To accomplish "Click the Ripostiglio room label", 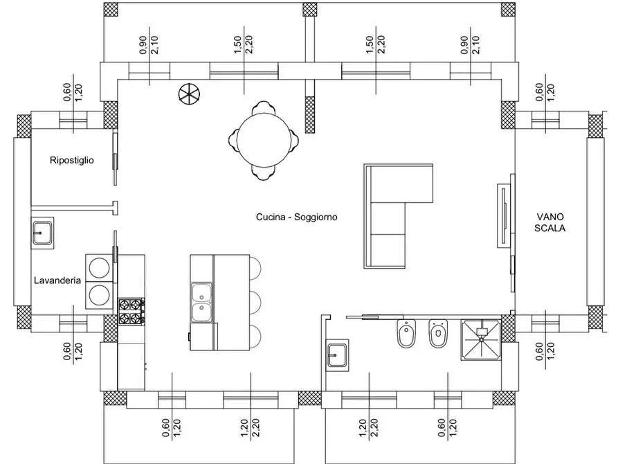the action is coord(72,160).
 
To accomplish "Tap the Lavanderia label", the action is coord(57,280).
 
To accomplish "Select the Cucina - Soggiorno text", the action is coord(297,217).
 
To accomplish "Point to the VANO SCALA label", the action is coord(549,222).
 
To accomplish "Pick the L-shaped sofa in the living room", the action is coord(399,216).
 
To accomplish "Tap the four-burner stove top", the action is coord(131,312).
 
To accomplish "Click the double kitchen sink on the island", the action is coord(201,302).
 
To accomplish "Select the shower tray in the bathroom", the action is coord(481,340).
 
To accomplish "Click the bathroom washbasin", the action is coord(338,355).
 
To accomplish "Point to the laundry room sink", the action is coord(43,233).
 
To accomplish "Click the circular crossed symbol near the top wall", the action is coord(189,94).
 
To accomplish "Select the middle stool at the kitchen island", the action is coord(255,303).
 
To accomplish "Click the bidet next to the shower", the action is coord(438,334).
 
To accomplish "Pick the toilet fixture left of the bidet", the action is coord(406,334).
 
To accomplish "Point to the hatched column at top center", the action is coord(310,9).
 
